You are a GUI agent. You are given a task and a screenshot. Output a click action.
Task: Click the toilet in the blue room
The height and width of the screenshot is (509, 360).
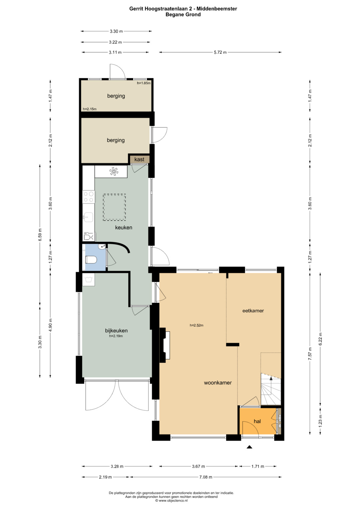(x=91, y=259)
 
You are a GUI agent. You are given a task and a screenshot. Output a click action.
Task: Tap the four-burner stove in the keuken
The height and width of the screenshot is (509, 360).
(x=89, y=197)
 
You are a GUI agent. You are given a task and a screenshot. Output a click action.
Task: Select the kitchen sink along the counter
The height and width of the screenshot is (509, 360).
(x=88, y=217)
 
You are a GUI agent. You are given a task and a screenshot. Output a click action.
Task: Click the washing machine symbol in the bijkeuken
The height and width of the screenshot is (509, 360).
(x=89, y=279)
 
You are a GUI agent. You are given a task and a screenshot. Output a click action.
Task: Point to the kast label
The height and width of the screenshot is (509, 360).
(x=139, y=160)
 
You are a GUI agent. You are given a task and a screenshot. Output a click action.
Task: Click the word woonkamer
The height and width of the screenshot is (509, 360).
(x=218, y=383)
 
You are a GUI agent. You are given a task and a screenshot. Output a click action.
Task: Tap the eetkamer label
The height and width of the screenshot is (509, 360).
(x=253, y=311)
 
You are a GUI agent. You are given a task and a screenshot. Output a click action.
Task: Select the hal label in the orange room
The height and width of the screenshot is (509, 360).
(x=257, y=421)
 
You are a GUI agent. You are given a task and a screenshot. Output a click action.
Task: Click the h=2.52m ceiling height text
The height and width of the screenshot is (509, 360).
(x=197, y=325)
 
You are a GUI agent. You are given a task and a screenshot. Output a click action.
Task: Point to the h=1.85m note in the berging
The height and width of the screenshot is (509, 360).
(x=144, y=83)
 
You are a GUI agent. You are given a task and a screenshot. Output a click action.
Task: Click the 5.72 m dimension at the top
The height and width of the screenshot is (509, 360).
(x=220, y=52)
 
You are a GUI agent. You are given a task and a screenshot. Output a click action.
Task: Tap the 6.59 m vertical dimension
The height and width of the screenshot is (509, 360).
(x=40, y=235)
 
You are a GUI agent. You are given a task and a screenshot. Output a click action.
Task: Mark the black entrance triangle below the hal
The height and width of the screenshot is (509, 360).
(x=250, y=447)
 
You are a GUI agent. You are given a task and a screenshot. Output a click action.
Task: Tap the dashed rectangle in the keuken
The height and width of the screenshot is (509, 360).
(x=114, y=207)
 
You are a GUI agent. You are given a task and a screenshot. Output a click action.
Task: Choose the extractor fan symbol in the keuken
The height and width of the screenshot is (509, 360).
(x=114, y=172)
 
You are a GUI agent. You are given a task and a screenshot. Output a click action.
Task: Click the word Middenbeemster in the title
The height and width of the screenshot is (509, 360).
(x=217, y=9)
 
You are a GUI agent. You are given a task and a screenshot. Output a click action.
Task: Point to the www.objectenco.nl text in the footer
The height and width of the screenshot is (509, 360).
(x=173, y=500)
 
